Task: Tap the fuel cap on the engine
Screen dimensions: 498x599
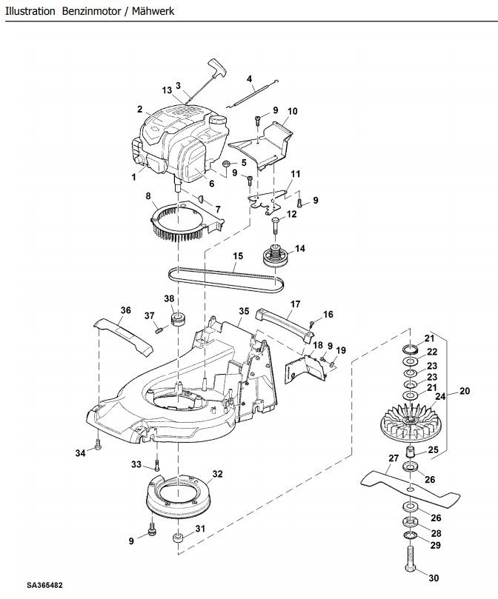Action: click(218, 121)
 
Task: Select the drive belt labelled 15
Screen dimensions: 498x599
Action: click(227, 281)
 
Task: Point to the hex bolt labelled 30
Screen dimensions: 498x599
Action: click(410, 558)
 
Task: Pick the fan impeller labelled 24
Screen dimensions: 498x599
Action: click(411, 424)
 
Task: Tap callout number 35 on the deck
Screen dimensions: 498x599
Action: click(244, 311)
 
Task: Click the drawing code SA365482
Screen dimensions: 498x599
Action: click(44, 585)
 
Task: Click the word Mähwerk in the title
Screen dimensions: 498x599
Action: click(153, 11)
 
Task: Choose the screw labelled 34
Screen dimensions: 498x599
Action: click(98, 445)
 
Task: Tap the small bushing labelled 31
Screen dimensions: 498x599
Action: click(179, 538)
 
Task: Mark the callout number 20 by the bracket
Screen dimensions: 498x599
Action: click(465, 391)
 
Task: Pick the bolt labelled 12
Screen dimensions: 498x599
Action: click(276, 225)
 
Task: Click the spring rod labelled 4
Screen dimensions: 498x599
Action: click(253, 93)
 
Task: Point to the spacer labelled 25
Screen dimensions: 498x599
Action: click(410, 452)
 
